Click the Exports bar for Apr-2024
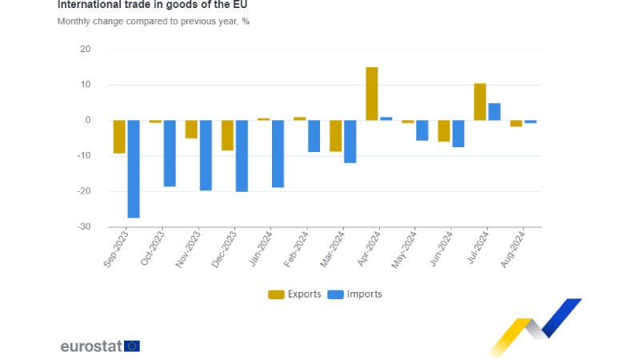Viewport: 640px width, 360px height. [x=372, y=94]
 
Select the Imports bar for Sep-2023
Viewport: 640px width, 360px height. [x=134, y=169]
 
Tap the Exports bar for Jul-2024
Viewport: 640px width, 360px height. [x=480, y=102]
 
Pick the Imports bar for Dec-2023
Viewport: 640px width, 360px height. [x=242, y=156]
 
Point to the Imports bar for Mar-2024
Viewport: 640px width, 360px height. [x=350, y=142]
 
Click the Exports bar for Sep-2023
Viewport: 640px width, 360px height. [x=119, y=137]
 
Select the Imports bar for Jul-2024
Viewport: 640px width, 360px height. [x=494, y=112]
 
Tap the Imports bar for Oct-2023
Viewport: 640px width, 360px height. [x=170, y=154]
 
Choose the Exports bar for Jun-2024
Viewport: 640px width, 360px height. [x=444, y=130]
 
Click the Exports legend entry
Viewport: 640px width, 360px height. [x=294, y=294]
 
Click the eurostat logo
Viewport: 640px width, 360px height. [x=100, y=346]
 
